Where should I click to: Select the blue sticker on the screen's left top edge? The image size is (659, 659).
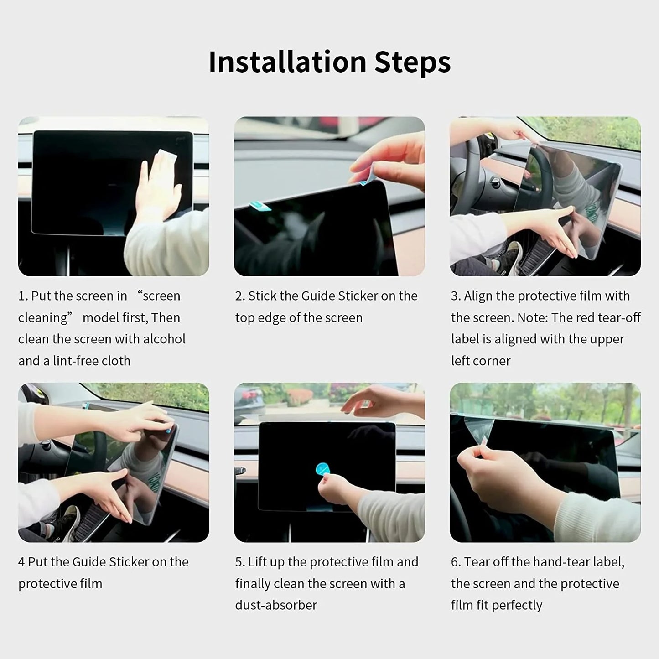click(259, 206)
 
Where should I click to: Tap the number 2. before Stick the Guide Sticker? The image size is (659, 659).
click(240, 296)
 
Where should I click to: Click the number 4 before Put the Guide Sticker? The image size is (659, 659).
click(21, 562)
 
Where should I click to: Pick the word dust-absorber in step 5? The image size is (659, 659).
click(276, 605)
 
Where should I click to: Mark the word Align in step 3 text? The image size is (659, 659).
click(478, 296)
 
